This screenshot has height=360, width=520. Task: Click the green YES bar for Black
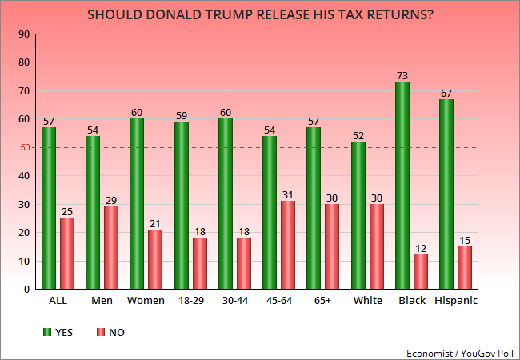[x=402, y=185]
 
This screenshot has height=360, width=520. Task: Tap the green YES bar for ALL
[x=49, y=208]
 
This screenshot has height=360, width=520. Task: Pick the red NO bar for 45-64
[x=288, y=245]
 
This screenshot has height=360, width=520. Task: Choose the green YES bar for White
[x=358, y=214]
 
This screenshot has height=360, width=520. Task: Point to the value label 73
[x=402, y=75]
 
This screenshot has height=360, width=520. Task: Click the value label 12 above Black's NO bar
[x=420, y=248]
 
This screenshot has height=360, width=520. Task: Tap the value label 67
[x=446, y=92]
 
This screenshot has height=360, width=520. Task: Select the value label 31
[x=288, y=194]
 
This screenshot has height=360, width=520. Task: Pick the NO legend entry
[x=108, y=332]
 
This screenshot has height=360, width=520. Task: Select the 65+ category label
[x=322, y=301]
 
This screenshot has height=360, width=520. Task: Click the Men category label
[x=102, y=301]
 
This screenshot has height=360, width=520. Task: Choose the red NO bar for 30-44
[x=244, y=263]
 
